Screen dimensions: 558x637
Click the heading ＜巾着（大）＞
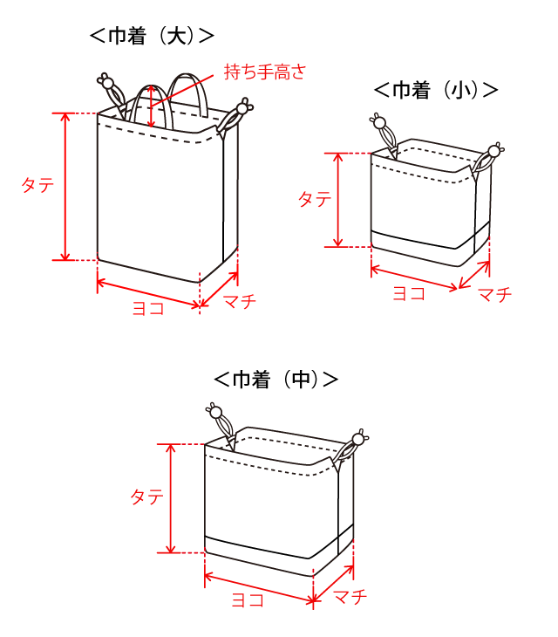point(152,36)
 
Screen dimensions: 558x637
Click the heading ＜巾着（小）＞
point(436,90)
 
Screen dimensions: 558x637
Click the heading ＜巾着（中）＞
point(276,380)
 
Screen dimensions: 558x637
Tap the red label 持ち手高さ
point(264,72)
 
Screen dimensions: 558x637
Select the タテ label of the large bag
point(37,185)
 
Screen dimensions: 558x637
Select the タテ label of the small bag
point(315,200)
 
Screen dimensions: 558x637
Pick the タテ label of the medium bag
point(146,497)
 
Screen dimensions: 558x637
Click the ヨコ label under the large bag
point(148,308)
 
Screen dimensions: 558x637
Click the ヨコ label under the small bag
point(409,293)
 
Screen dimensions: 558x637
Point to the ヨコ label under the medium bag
point(248,599)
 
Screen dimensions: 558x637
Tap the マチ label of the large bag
point(240,301)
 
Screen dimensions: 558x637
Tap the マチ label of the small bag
point(494,294)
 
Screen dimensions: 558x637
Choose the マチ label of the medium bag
point(350,597)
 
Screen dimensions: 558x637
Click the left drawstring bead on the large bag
point(107,83)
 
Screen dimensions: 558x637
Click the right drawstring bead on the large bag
point(242,108)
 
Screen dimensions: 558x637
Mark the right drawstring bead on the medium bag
point(358,440)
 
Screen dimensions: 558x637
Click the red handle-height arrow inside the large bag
point(152,106)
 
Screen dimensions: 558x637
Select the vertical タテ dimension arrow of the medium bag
point(171,498)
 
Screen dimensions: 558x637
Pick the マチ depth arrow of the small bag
point(474,275)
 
